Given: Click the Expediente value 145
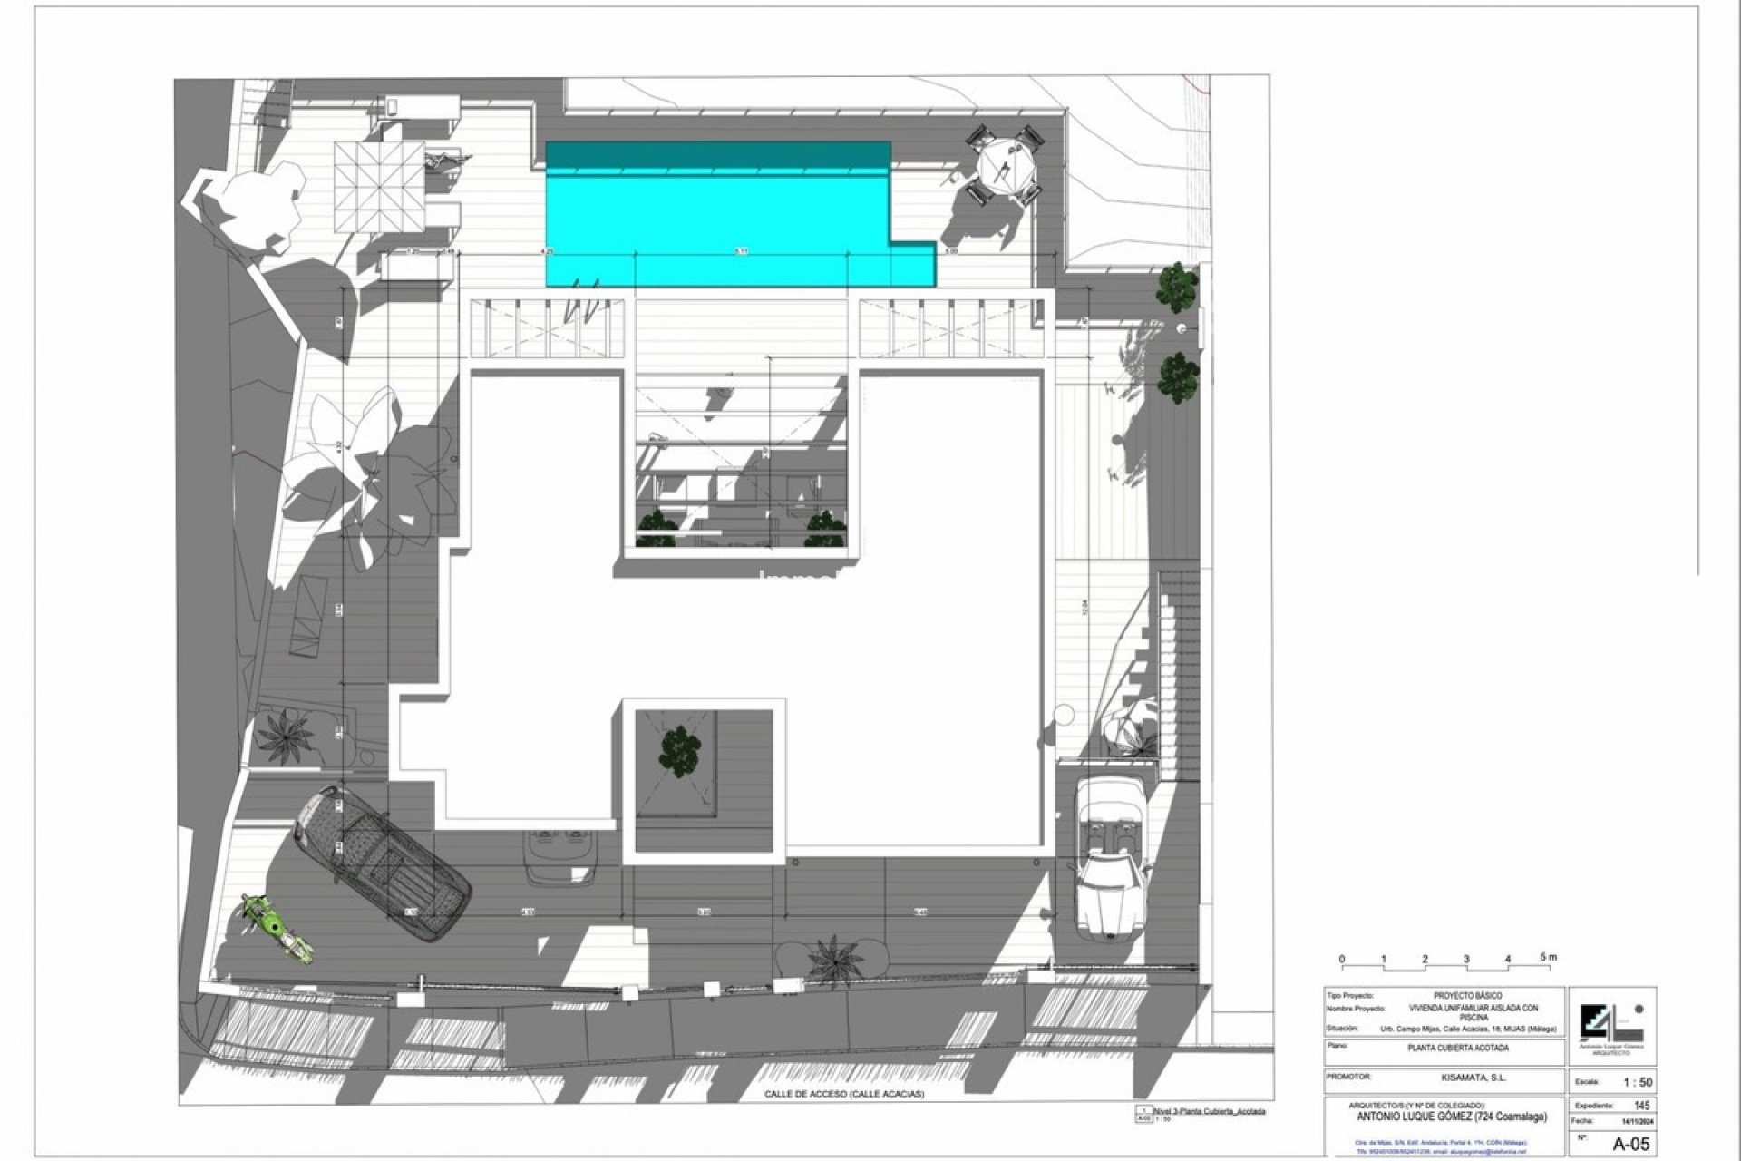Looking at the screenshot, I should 1642,1106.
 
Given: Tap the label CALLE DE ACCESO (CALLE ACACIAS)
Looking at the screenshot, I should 843,1095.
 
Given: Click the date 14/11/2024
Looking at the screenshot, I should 1639,1121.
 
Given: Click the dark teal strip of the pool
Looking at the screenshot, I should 716,155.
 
